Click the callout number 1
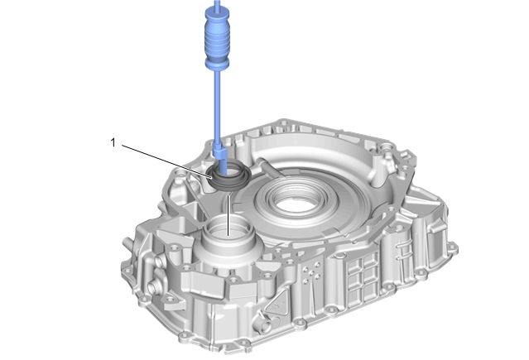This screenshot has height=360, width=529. (113, 142)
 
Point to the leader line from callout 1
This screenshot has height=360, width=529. (167, 161)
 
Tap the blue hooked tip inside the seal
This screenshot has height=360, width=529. (221, 159)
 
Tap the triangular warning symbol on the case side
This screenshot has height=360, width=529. (277, 305)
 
